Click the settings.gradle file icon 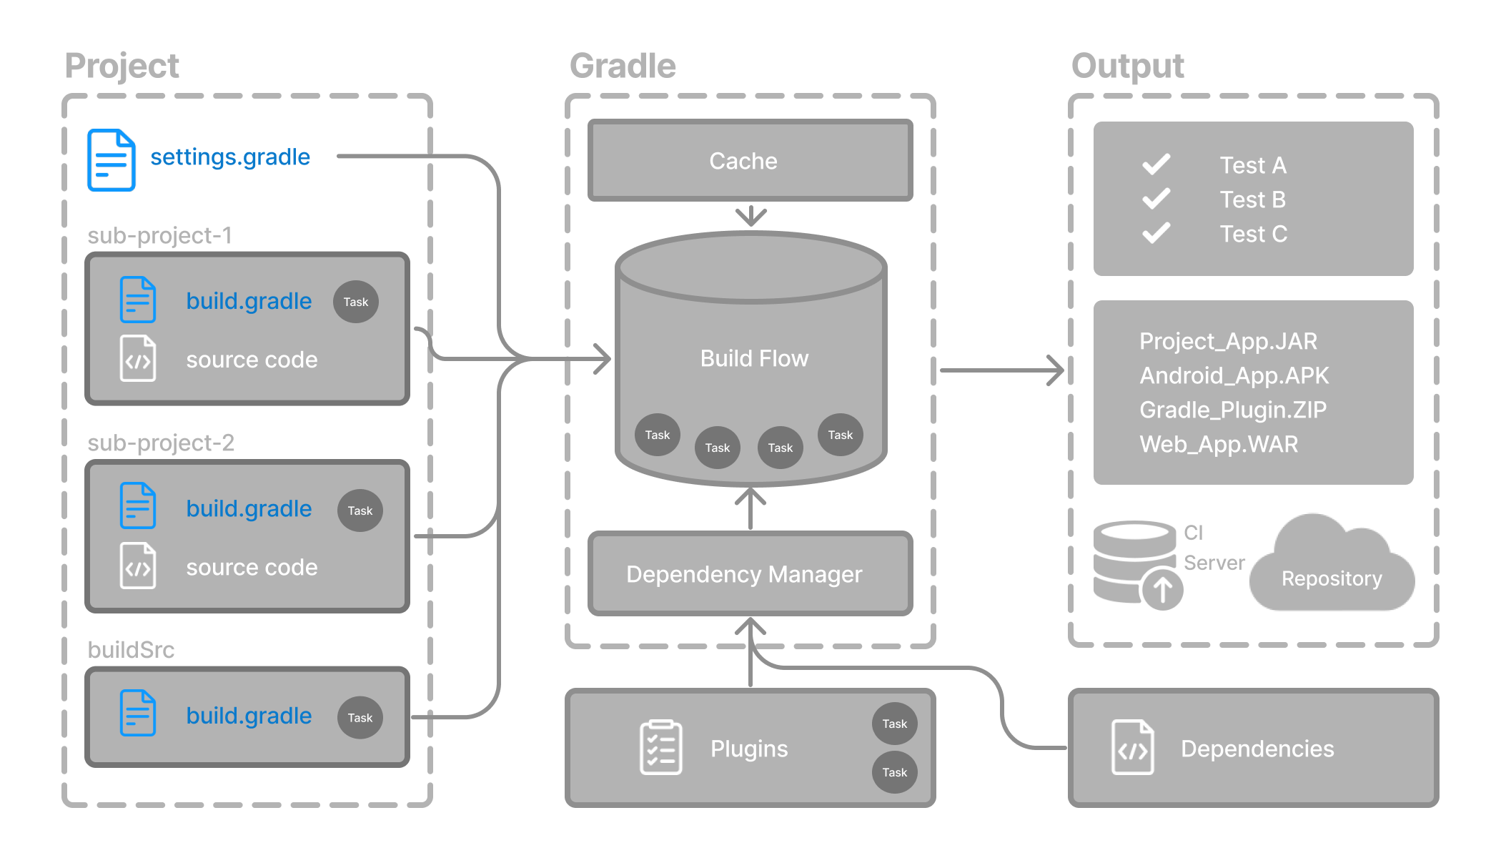pyautogui.click(x=111, y=160)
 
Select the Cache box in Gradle pyautogui.click(x=750, y=161)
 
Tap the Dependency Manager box pyautogui.click(x=750, y=573)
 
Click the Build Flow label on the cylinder pyautogui.click(x=754, y=358)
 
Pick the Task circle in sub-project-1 pyautogui.click(x=356, y=302)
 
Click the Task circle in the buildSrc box pyautogui.click(x=360, y=717)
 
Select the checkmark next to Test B pyautogui.click(x=1156, y=199)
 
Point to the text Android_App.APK pyautogui.click(x=1234, y=375)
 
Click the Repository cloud pyautogui.click(x=1331, y=568)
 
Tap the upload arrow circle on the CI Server pyautogui.click(x=1162, y=589)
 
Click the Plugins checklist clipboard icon pyautogui.click(x=660, y=747)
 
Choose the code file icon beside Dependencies pyautogui.click(x=1132, y=748)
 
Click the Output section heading pyautogui.click(x=1127, y=66)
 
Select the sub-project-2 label pyautogui.click(x=161, y=443)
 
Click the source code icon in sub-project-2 pyautogui.click(x=138, y=566)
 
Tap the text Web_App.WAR pyautogui.click(x=1219, y=444)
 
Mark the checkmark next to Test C pyautogui.click(x=1156, y=233)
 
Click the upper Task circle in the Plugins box pyautogui.click(x=894, y=724)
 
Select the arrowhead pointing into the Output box pyautogui.click(x=1056, y=370)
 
